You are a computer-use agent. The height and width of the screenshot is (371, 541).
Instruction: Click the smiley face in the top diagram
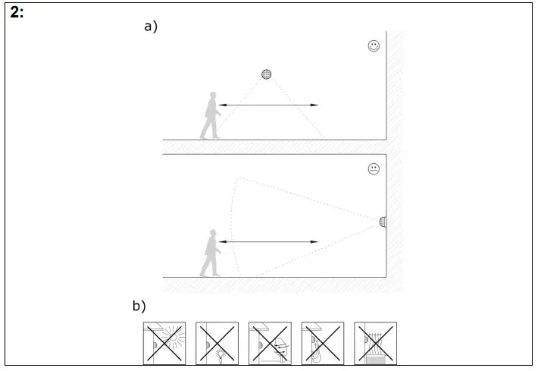(x=374, y=46)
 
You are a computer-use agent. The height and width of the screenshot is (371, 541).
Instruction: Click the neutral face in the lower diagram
(x=374, y=169)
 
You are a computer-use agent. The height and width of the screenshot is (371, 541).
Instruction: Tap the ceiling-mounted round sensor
(x=266, y=74)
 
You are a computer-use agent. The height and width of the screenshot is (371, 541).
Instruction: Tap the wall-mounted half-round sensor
(x=383, y=222)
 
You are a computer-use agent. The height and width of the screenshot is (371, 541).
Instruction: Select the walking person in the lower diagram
(x=210, y=253)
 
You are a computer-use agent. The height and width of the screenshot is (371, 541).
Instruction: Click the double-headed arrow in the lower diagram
(x=269, y=242)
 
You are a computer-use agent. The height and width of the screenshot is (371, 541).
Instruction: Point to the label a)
(x=151, y=27)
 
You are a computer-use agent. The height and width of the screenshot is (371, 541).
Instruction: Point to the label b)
(x=139, y=307)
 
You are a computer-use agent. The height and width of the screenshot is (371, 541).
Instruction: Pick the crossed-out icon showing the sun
(x=164, y=343)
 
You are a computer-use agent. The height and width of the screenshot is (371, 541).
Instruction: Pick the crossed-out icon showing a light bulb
(x=217, y=343)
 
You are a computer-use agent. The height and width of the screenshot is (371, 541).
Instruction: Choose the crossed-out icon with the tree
(x=323, y=343)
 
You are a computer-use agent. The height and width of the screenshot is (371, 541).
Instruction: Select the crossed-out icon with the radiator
(x=376, y=343)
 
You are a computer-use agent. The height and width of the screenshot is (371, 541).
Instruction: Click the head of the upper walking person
(x=212, y=96)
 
